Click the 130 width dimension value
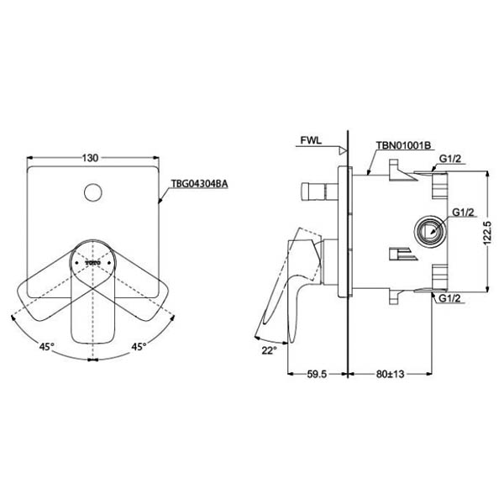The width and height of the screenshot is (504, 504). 91,158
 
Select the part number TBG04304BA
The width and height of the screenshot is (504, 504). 199,183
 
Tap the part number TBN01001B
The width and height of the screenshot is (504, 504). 403,145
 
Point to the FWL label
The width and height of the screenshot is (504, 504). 311,140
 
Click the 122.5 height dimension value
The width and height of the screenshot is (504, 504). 487,233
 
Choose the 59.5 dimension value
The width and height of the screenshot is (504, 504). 317,374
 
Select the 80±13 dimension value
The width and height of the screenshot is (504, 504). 390,374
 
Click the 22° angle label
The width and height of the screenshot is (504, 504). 269,350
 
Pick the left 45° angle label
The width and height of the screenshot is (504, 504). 46,346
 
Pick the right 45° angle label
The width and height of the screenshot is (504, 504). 139,346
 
